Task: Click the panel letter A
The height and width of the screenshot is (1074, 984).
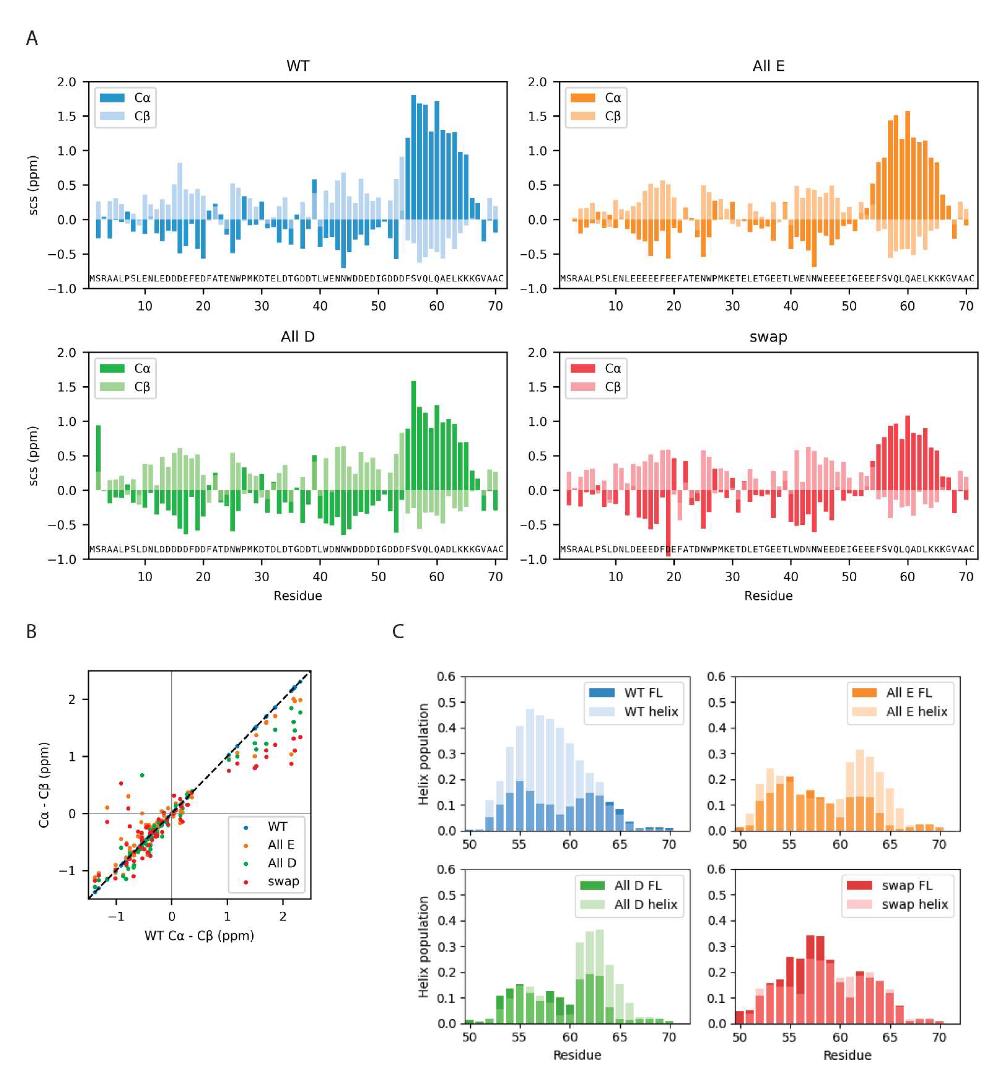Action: click(32, 38)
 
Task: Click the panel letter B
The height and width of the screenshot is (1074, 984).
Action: click(31, 632)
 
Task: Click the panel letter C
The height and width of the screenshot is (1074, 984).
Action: click(398, 632)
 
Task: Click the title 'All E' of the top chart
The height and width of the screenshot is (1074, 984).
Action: click(768, 66)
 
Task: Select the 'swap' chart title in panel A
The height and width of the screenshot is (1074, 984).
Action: click(768, 337)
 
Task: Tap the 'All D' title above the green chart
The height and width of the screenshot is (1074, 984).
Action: click(298, 337)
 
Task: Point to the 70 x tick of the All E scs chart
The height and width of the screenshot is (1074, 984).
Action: click(966, 306)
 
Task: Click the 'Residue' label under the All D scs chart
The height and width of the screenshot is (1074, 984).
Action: click(298, 596)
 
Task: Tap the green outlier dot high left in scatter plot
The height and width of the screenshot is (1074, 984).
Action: click(142, 775)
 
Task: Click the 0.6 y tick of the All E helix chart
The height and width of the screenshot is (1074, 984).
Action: click(716, 677)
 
